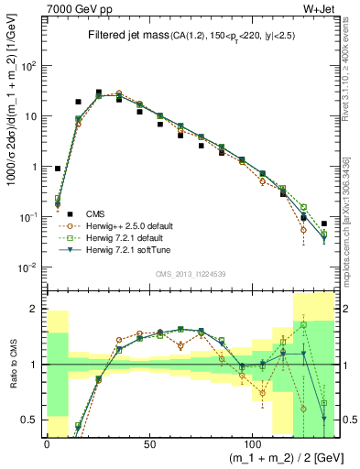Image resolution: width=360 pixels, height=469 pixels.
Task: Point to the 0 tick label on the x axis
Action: click(47, 443)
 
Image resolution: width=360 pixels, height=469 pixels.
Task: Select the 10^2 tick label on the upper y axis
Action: click(27, 67)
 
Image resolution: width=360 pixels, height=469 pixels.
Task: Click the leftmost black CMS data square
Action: click(58, 169)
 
